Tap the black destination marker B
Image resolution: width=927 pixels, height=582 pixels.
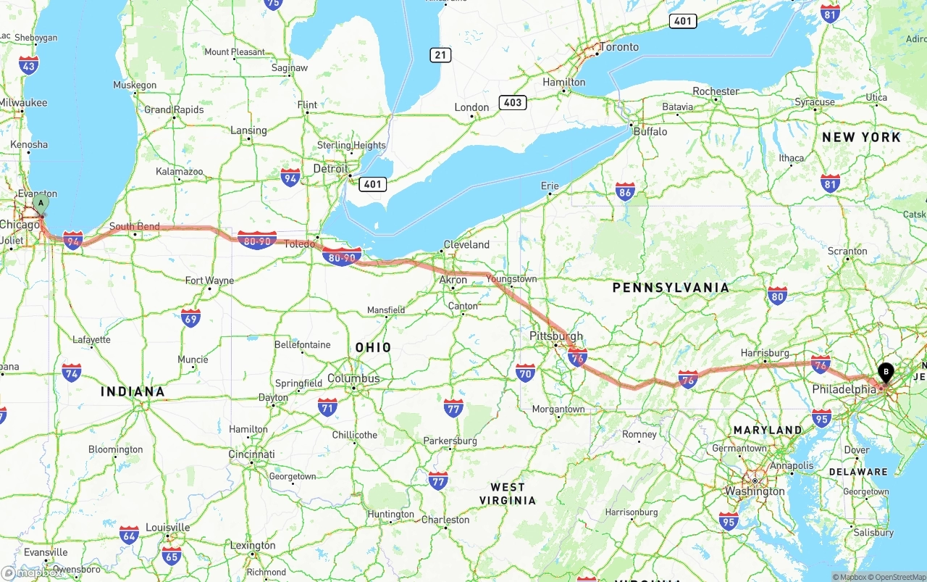click(886, 373)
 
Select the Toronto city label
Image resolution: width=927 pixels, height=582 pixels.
click(618, 47)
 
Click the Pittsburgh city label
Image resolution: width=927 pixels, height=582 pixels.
click(556, 336)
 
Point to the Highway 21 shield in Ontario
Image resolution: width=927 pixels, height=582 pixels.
click(440, 54)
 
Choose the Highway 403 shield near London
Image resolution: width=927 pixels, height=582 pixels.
click(512, 102)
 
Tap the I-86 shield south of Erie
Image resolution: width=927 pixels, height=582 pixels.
click(625, 191)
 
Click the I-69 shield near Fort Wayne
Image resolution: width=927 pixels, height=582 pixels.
click(190, 317)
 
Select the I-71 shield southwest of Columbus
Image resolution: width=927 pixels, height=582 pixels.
click(327, 407)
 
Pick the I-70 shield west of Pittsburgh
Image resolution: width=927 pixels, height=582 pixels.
click(526, 373)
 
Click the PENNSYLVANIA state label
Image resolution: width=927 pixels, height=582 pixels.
click(671, 288)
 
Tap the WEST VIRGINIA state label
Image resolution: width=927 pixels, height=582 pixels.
click(507, 494)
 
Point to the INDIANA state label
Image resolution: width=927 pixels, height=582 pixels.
click(133, 391)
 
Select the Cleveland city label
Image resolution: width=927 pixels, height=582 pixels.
click(466, 244)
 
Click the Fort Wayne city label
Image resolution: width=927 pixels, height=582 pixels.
click(209, 280)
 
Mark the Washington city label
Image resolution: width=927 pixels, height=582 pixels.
click(755, 491)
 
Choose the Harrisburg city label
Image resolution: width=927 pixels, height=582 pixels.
click(765, 353)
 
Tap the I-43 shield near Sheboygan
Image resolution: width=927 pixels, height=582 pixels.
click(29, 65)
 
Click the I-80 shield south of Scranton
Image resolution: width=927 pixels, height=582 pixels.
click(777, 295)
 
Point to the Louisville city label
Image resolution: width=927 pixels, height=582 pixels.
click(167, 527)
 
